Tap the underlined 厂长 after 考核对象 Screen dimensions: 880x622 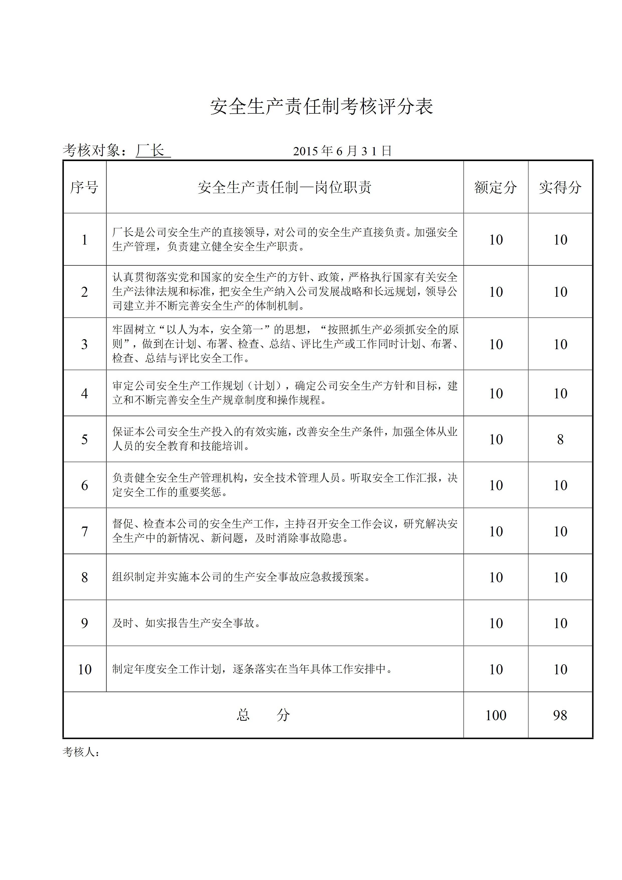[152, 151]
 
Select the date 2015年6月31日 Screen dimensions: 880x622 [342, 151]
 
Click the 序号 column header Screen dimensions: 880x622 [84, 187]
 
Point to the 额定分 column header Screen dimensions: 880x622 [496, 187]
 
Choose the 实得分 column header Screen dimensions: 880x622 [560, 187]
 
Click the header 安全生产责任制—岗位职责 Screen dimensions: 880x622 [284, 187]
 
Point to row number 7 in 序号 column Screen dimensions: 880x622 [84, 531]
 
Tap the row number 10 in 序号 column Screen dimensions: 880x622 [84, 669]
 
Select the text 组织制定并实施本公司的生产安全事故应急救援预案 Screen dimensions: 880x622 [242, 577]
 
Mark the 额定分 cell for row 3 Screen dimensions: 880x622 [496, 344]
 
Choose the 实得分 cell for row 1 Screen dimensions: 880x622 [560, 240]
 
